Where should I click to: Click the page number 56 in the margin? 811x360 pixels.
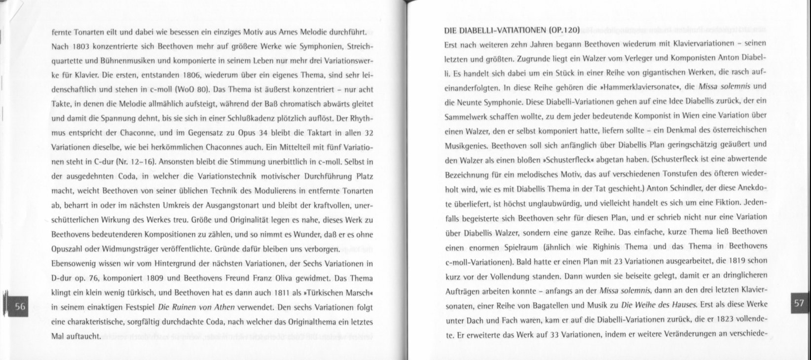(20, 306)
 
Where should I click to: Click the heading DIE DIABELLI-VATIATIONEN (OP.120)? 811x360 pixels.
(511, 30)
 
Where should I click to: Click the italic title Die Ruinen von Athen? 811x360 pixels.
(196, 307)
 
